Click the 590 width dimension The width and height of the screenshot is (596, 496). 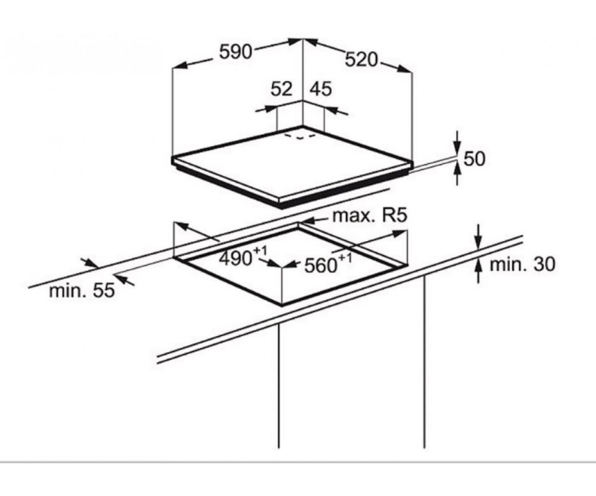pyautogui.click(x=235, y=52)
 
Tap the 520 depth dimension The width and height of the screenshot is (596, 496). pyautogui.click(x=362, y=60)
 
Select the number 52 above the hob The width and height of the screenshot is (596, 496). pyautogui.click(x=282, y=89)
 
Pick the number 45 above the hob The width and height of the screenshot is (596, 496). pyautogui.click(x=320, y=89)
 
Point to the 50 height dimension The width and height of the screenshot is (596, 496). pyautogui.click(x=474, y=159)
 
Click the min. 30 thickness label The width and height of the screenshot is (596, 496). pyautogui.click(x=522, y=264)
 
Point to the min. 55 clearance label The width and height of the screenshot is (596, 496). pyautogui.click(x=82, y=291)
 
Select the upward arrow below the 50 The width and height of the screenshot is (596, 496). pyautogui.click(x=457, y=175)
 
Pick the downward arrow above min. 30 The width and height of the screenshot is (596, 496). pyautogui.click(x=479, y=236)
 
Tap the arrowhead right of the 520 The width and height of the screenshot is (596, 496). pyautogui.click(x=405, y=69)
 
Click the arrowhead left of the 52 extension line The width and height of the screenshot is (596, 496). pyautogui.click(x=270, y=108)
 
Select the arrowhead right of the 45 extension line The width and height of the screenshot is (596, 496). pyautogui.click(x=331, y=110)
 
